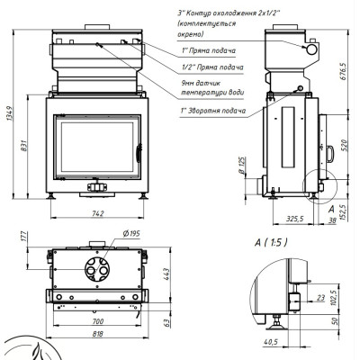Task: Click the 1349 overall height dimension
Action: coord(9,113)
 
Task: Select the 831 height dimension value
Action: coord(24,146)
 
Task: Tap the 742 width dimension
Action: coord(98,213)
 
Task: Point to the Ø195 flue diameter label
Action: coord(131,233)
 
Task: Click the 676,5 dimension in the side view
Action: coord(343,71)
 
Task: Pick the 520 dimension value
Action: coord(343,145)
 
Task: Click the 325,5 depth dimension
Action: coord(294,219)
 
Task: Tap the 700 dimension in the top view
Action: coord(98,321)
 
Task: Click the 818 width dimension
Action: coord(98,333)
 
